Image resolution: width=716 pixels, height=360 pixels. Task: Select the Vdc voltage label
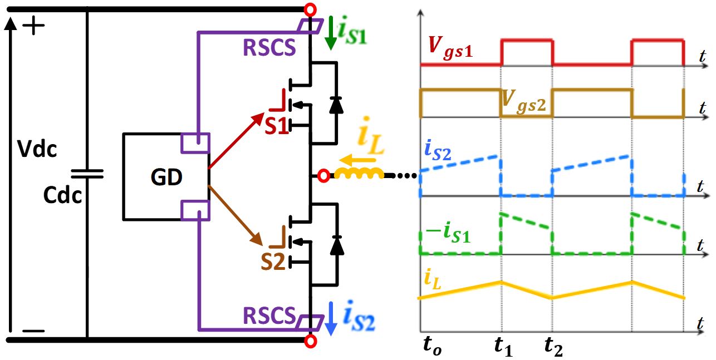click(x=37, y=149)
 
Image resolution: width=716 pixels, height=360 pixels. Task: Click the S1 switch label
click(x=276, y=126)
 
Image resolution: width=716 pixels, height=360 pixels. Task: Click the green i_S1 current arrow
click(x=330, y=33)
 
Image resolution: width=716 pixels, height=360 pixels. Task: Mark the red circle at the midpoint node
click(x=324, y=176)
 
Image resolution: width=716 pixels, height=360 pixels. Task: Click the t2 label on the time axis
click(x=553, y=348)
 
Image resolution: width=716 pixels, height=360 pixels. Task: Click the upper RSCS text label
click(x=269, y=48)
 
